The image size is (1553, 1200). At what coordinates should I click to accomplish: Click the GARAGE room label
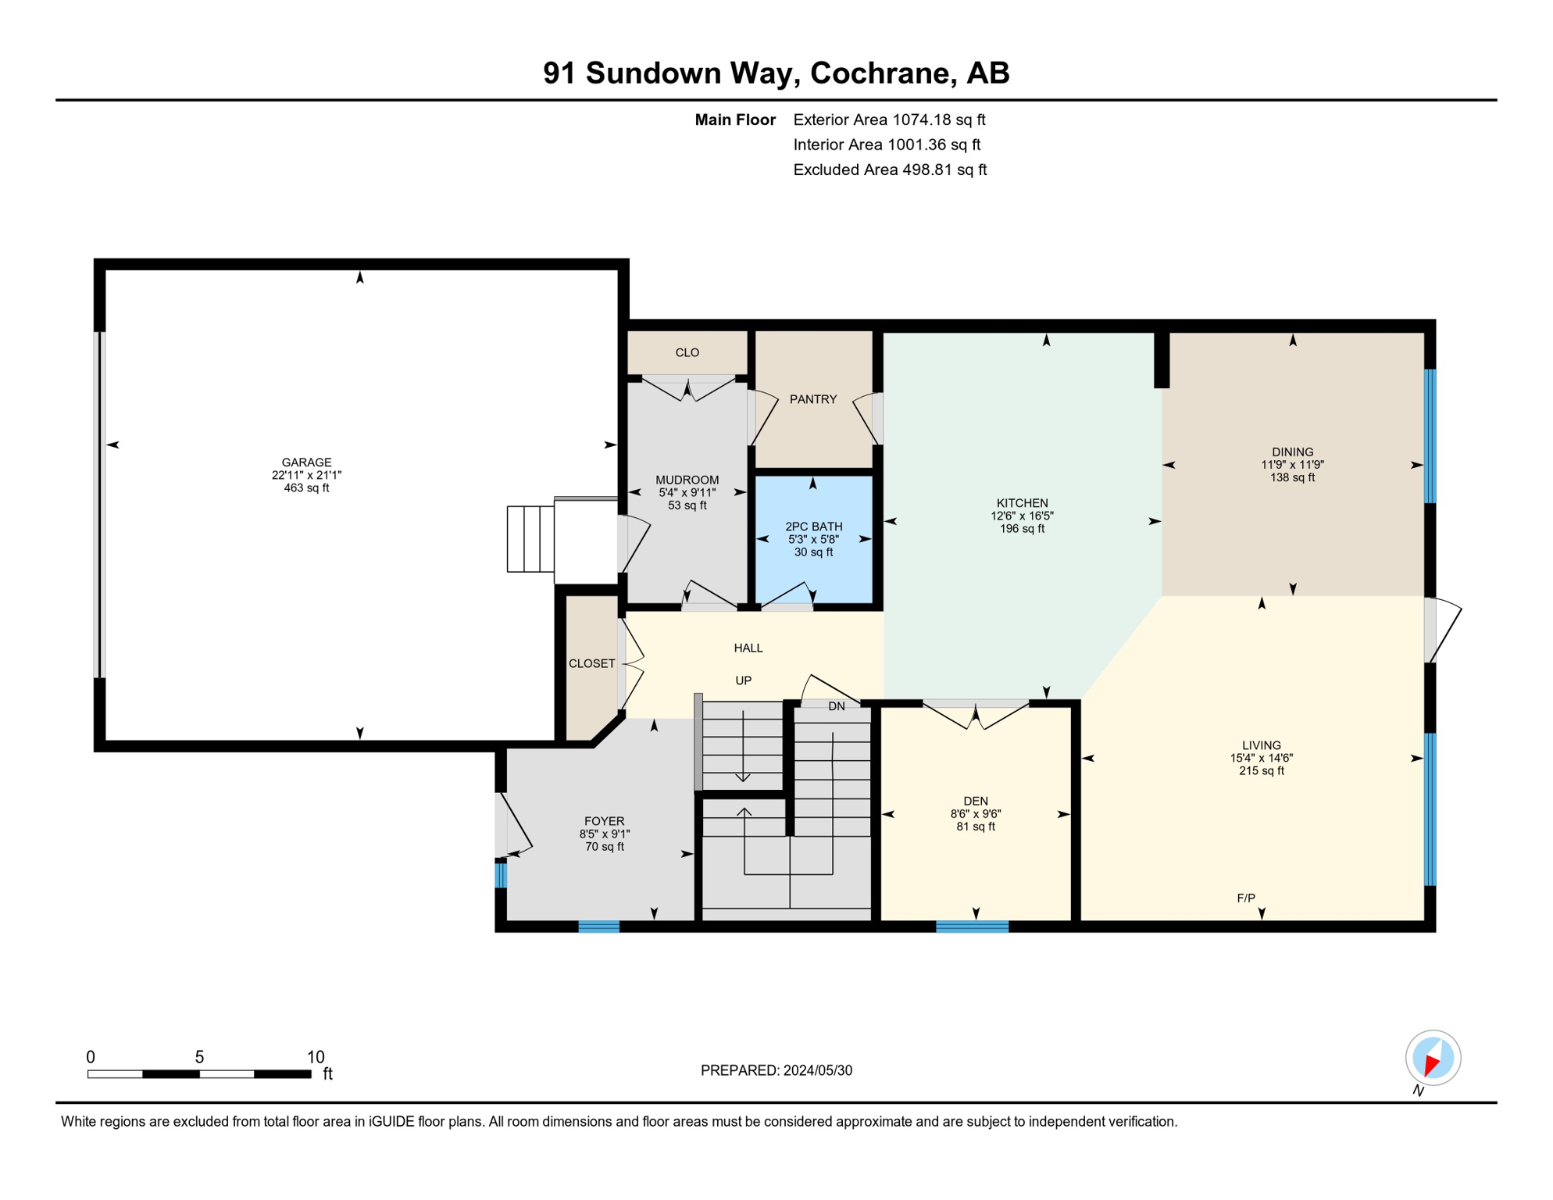[x=306, y=462]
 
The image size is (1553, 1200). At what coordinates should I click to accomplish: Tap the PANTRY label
[x=812, y=399]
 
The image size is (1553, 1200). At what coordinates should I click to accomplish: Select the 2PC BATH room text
[x=813, y=527]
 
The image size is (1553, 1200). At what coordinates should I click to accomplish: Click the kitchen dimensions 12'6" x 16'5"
[x=1022, y=516]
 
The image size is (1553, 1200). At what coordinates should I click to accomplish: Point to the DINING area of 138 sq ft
[x=1292, y=477]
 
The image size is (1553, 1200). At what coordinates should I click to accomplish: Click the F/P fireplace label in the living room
[x=1246, y=898]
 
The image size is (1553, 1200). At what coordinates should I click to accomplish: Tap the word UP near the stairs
[x=743, y=680]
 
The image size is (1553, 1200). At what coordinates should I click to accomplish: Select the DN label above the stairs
[x=836, y=706]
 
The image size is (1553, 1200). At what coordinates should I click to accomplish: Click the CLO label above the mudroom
[x=687, y=352]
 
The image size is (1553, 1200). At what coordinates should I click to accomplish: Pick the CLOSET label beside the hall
[x=591, y=663]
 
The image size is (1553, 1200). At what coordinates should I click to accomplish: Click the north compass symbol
[x=1433, y=1059]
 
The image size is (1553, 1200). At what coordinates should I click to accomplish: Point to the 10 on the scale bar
[x=315, y=1057]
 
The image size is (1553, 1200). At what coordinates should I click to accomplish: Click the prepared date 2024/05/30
[x=817, y=1070]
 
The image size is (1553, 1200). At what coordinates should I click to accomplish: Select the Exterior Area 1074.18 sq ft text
[x=889, y=120]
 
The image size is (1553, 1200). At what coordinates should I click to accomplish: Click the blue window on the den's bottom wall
[x=972, y=927]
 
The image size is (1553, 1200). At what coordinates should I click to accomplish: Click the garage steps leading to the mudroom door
[x=530, y=539]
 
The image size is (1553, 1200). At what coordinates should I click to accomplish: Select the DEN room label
[x=975, y=801]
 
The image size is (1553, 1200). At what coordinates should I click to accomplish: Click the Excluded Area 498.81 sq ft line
[x=889, y=170]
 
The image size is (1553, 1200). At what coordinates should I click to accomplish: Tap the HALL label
[x=748, y=648]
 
